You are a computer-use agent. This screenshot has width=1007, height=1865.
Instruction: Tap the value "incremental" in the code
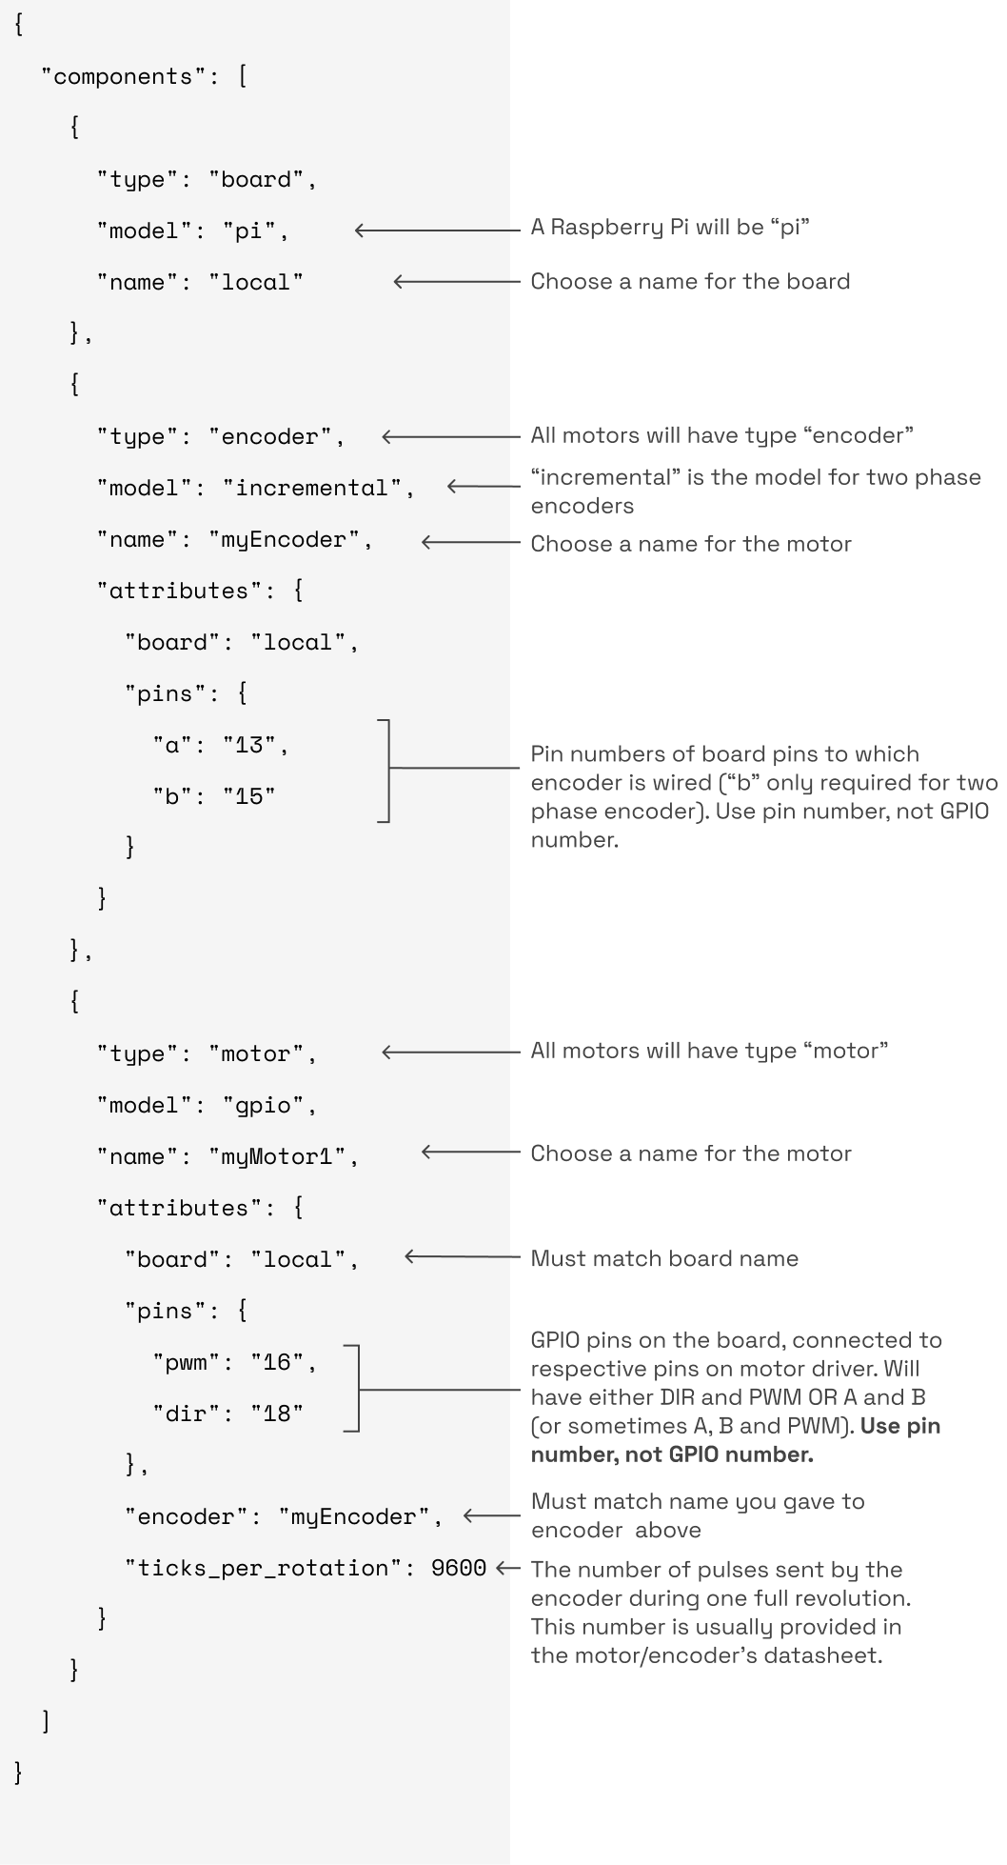click(x=312, y=488)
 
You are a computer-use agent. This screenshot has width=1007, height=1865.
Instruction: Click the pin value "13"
click(x=249, y=745)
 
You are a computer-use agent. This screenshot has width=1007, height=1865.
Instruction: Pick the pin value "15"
click(x=249, y=796)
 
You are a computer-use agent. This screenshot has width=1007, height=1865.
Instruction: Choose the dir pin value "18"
click(x=277, y=1414)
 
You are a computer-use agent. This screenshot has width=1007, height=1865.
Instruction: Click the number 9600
click(x=459, y=1568)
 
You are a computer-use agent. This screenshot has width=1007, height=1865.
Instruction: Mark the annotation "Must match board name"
click(x=664, y=1258)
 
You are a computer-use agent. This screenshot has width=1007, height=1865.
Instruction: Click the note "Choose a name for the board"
click(x=690, y=281)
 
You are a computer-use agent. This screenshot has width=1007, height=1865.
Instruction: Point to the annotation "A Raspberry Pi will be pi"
click(x=670, y=227)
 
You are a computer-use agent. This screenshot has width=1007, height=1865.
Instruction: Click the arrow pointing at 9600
click(x=508, y=1567)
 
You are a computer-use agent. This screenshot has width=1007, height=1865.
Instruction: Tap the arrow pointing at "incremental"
click(x=484, y=486)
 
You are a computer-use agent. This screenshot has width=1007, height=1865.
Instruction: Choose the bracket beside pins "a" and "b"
click(x=385, y=770)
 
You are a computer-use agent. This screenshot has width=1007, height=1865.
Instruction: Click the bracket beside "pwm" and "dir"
click(x=354, y=1389)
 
